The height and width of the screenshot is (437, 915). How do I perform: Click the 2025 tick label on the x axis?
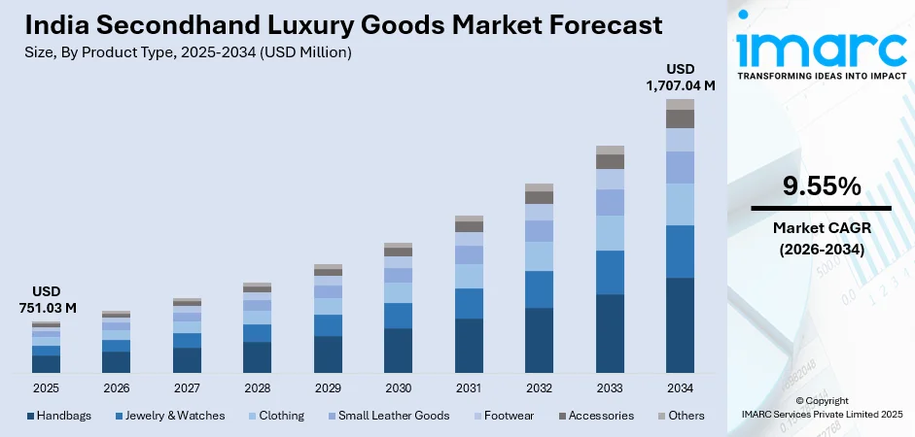(x=46, y=387)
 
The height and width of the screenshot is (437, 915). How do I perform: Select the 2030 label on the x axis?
(x=398, y=387)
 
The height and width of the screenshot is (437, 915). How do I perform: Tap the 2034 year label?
(x=680, y=387)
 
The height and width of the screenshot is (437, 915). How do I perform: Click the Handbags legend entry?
(x=59, y=416)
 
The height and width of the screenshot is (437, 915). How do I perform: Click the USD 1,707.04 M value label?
(x=680, y=78)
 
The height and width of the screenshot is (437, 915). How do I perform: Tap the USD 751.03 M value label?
(x=46, y=300)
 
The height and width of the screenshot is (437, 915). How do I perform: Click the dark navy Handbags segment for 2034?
(x=680, y=325)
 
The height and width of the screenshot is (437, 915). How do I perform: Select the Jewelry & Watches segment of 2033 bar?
(x=610, y=272)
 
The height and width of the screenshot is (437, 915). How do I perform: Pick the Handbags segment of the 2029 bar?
(x=328, y=354)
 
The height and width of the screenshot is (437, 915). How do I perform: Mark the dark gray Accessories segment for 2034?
(x=680, y=118)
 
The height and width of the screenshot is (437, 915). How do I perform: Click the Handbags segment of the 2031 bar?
(x=469, y=346)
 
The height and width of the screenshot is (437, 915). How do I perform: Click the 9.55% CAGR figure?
(x=821, y=186)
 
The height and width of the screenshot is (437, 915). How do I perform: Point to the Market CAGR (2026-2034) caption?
(x=821, y=239)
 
